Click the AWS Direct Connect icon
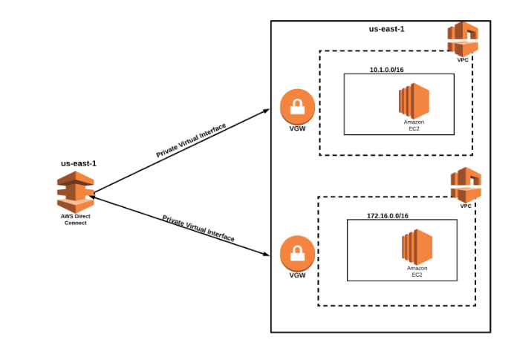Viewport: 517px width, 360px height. pyautogui.click(x=75, y=192)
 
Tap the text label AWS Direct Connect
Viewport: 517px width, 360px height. pyautogui.click(x=75, y=220)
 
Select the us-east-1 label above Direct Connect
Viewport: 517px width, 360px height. pyautogui.click(x=78, y=163)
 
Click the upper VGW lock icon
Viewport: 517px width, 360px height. pyautogui.click(x=297, y=107)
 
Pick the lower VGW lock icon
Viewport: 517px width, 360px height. pyautogui.click(x=297, y=253)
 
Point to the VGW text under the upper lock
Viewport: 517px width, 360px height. pyautogui.click(x=297, y=129)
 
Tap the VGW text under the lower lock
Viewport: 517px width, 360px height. pyautogui.click(x=297, y=275)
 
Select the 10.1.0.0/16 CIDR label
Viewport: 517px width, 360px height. pyautogui.click(x=386, y=70)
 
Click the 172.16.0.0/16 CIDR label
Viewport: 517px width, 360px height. pyautogui.click(x=388, y=215)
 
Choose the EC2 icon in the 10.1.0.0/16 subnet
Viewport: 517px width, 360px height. pyautogui.click(x=414, y=100)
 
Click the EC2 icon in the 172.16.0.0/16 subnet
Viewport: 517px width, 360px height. pyautogui.click(x=417, y=246)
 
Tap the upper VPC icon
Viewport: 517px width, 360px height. pyautogui.click(x=463, y=38)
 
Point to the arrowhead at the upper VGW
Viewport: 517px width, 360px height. pyautogui.click(x=266, y=111)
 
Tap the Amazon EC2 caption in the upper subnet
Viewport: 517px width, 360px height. pyautogui.click(x=414, y=125)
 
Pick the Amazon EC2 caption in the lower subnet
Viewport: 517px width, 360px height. pyautogui.click(x=417, y=271)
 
